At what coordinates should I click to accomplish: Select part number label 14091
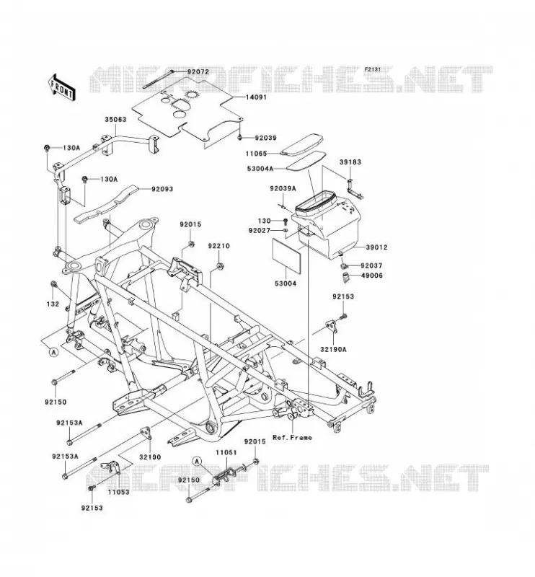click(x=256, y=97)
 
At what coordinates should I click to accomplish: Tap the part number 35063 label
click(x=115, y=120)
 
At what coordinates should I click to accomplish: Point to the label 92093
click(x=162, y=189)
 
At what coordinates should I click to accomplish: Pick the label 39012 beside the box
click(x=376, y=247)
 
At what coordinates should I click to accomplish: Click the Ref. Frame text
click(x=292, y=438)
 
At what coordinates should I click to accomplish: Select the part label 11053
click(x=119, y=492)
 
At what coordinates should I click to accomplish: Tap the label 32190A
click(x=333, y=350)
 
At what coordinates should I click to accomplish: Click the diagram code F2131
click(x=372, y=69)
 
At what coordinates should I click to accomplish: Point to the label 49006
click(x=371, y=276)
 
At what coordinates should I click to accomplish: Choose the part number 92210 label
click(x=218, y=246)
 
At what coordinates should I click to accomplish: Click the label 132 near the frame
click(x=53, y=304)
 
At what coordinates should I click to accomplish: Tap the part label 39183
click(x=350, y=162)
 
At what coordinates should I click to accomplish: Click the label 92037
click(x=371, y=265)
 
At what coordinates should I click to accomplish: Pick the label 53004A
click(x=260, y=169)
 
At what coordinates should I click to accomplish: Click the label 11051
click(x=226, y=453)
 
